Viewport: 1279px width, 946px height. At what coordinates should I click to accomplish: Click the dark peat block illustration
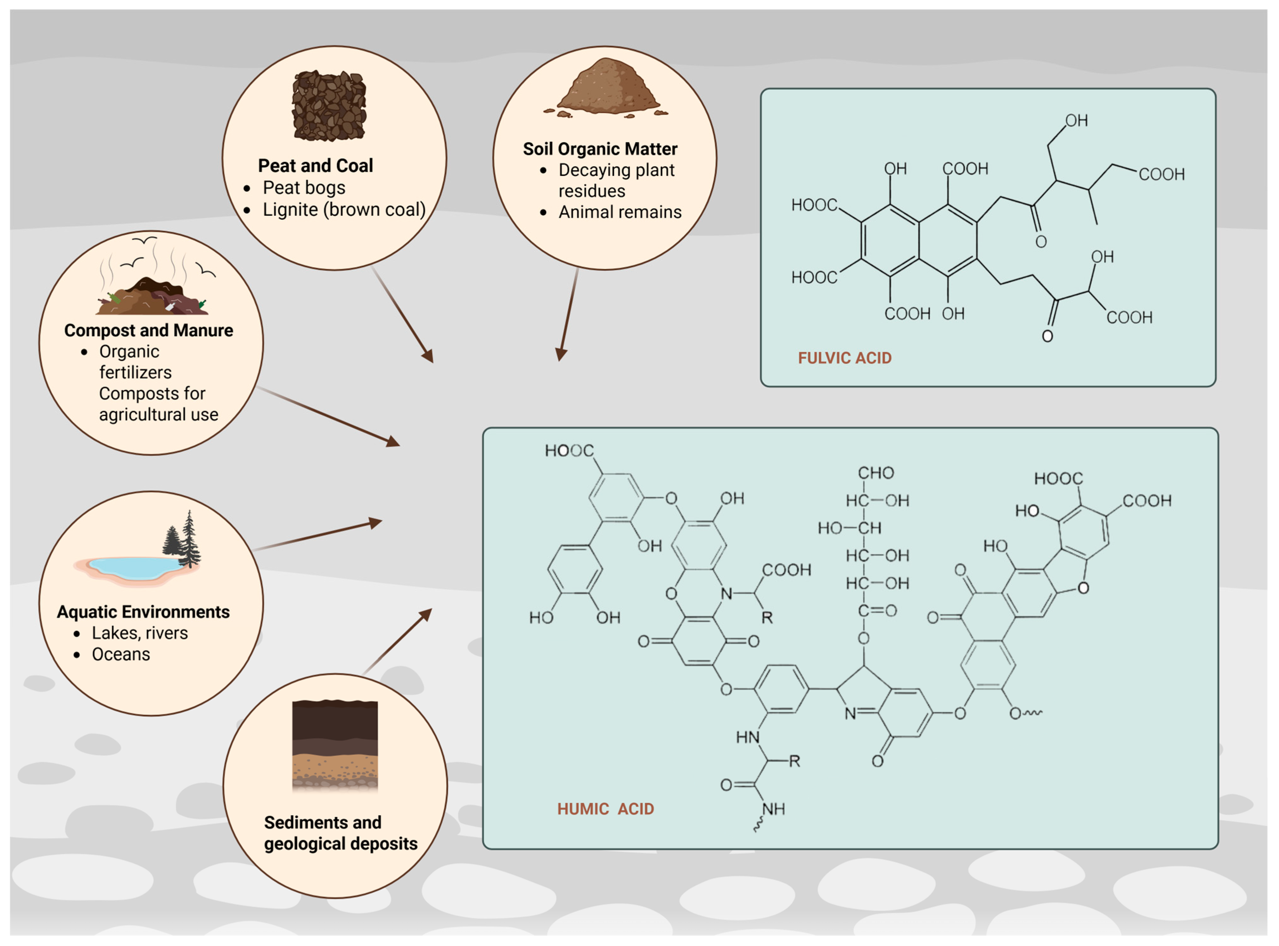[329, 106]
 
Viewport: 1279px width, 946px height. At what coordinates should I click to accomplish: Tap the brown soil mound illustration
[607, 89]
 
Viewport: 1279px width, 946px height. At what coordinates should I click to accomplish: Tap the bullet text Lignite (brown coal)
[343, 209]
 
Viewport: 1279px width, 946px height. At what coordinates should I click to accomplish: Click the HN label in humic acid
[747, 737]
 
